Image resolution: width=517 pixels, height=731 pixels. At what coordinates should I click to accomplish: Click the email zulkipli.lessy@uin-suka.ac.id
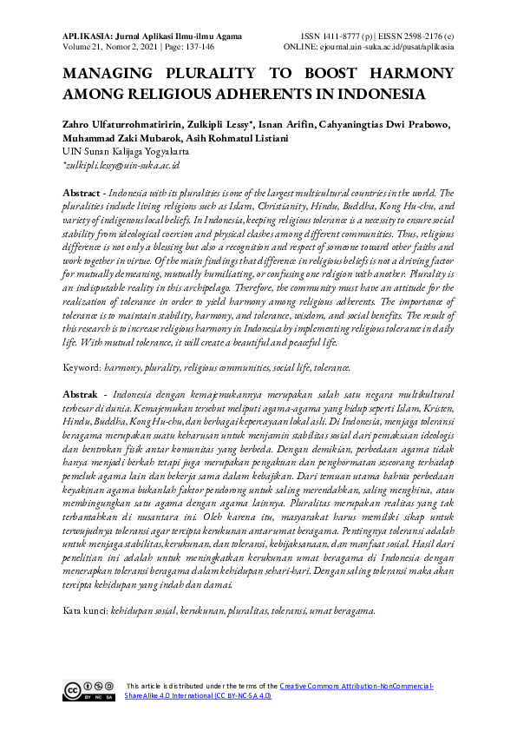[122, 163]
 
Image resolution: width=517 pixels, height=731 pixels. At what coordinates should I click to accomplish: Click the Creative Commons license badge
[88, 691]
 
